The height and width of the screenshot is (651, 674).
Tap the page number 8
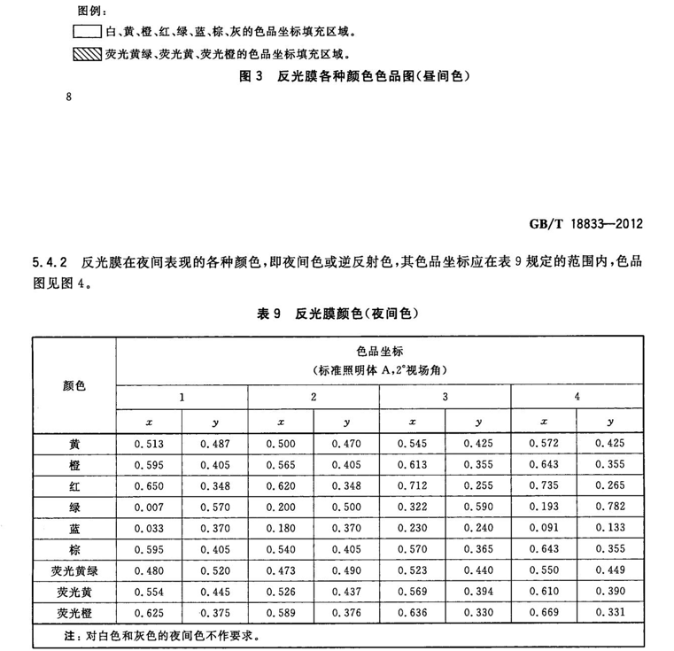67,97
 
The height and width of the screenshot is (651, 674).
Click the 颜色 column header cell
74,385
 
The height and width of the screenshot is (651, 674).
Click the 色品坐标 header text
379,350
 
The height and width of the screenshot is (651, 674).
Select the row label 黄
74,443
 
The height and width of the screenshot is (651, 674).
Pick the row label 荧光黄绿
74,571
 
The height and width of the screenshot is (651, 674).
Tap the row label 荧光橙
74,613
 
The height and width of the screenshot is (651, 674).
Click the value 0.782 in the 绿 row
608,507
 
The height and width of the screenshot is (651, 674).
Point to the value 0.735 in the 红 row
543,485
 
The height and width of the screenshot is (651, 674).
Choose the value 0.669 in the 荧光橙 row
543,613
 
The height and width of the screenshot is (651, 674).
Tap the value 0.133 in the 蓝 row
608,528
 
